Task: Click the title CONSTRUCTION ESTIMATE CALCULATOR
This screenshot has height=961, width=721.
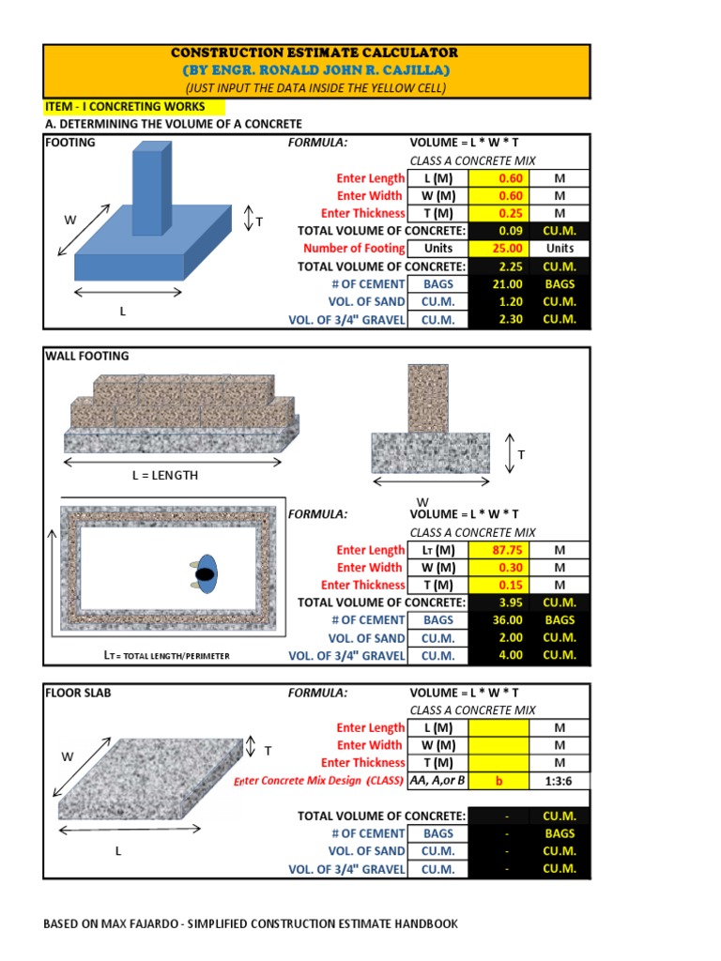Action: pos(315,53)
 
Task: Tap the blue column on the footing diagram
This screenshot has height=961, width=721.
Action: pos(152,186)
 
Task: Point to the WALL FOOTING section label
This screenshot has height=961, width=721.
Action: pos(87,356)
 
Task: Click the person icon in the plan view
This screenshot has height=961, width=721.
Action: pos(205,574)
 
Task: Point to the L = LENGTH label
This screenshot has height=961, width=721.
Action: pos(165,475)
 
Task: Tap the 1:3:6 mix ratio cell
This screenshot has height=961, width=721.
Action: pos(560,781)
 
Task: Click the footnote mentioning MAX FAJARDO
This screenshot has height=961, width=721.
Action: pos(251,923)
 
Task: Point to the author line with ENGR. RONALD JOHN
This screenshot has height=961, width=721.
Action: pos(315,71)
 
